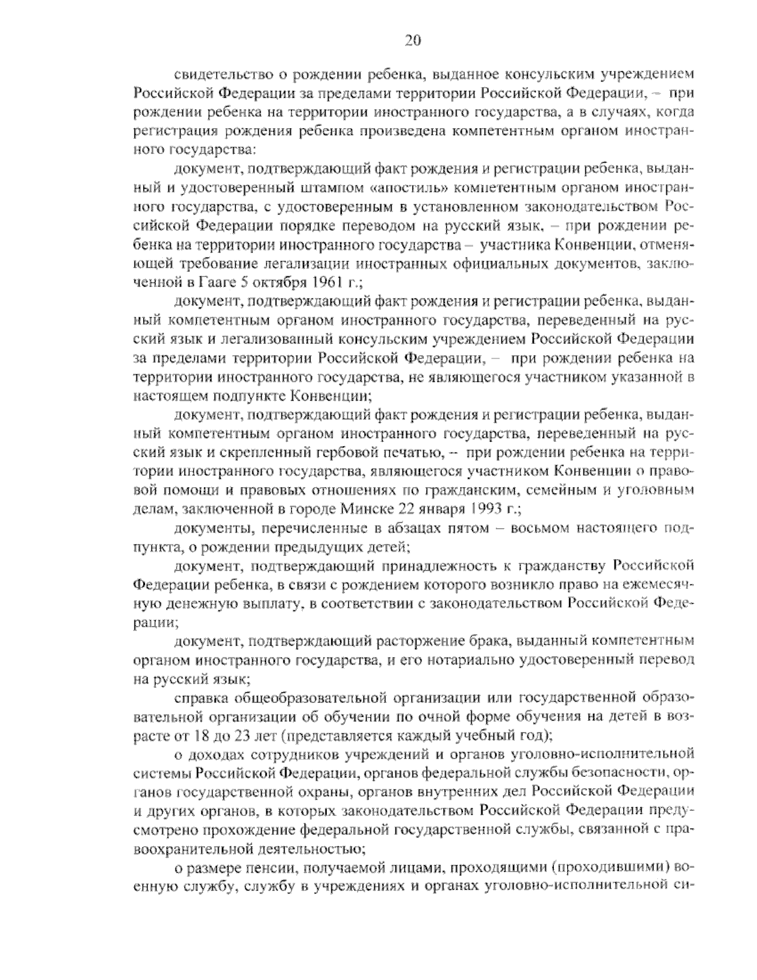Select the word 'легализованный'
[269, 340]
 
